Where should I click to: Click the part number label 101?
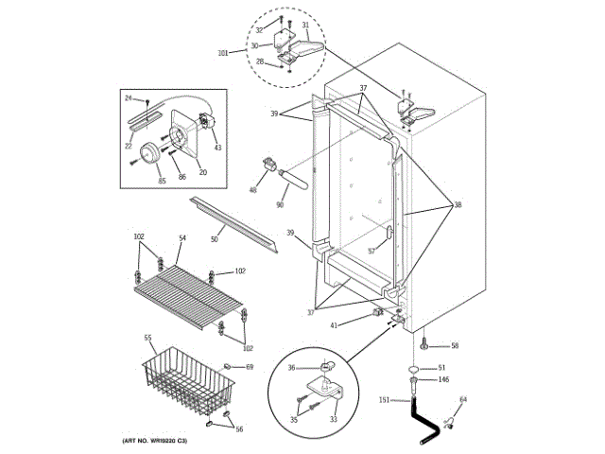222,53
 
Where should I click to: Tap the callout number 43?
217,147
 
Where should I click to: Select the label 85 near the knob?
161,180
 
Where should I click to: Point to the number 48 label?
252,190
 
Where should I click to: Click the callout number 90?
281,205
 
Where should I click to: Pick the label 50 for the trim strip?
215,240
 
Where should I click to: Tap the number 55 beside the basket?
148,338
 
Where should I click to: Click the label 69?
250,366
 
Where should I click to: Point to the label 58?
453,346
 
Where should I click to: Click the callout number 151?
384,400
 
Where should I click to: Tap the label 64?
462,400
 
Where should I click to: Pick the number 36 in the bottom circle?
292,369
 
